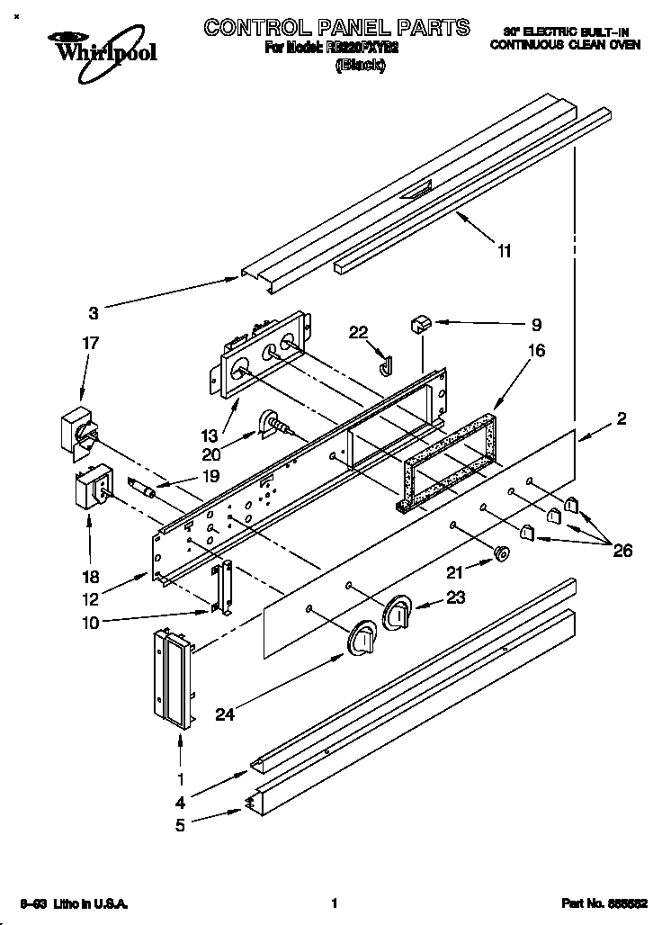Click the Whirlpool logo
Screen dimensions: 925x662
pos(102,48)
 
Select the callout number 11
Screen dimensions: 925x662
pos(505,251)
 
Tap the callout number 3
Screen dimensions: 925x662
pos(93,313)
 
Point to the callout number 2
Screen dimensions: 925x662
pos(621,418)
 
